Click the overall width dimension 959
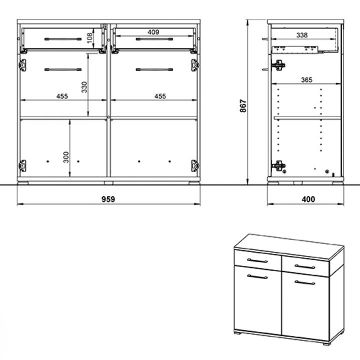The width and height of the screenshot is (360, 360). point(108,199)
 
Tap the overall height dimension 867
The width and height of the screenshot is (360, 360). point(243,106)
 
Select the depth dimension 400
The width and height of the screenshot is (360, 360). point(308,199)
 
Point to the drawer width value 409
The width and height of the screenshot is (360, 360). point(153,32)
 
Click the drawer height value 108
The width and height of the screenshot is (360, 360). point(90,38)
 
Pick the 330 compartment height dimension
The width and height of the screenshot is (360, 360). point(84,87)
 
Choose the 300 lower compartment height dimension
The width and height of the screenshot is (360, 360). point(66,157)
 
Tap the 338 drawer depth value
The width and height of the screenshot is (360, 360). point(301,35)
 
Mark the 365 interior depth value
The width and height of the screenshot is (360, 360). point(306,80)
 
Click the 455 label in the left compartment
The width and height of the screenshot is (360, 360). point(62,96)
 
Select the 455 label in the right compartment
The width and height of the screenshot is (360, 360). point(160,96)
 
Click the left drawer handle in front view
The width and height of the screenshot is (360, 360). point(63,39)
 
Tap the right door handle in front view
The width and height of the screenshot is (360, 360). point(154,69)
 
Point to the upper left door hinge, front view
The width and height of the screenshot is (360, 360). point(22,65)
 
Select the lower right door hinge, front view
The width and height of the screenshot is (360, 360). point(194,166)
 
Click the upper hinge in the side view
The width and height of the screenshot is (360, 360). point(278,65)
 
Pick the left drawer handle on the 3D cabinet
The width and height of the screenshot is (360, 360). point(257,260)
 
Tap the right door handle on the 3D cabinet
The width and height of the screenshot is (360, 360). point(305,282)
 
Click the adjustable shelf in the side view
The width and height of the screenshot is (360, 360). point(307,118)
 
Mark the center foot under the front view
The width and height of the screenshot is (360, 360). point(108,183)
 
